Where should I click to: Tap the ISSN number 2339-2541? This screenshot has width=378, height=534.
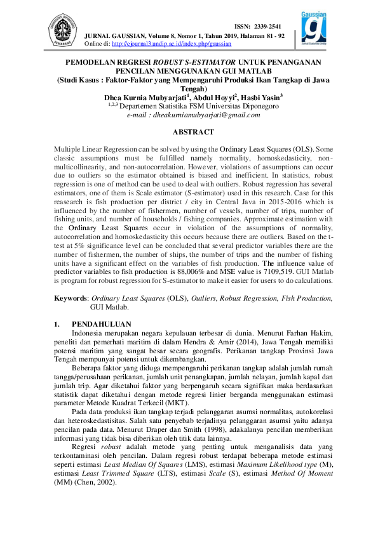267,26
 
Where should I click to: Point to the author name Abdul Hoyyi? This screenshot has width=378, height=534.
214,98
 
